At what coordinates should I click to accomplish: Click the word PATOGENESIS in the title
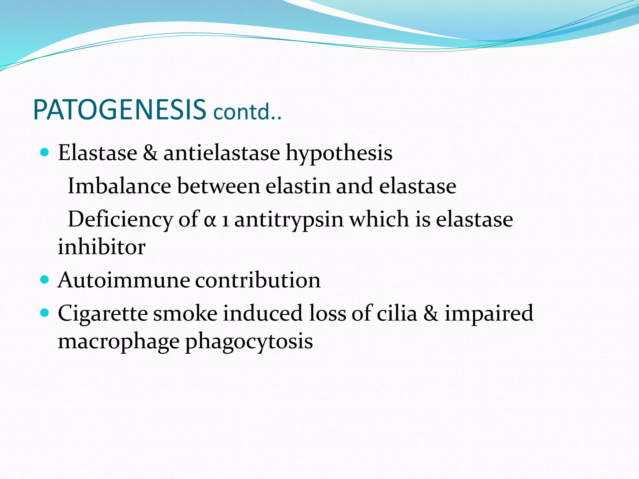click(120, 110)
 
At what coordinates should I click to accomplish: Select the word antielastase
click(222, 153)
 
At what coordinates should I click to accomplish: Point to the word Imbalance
click(119, 186)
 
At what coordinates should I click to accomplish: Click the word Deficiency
click(120, 220)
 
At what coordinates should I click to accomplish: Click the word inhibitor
click(102, 247)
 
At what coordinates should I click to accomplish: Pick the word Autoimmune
click(124, 280)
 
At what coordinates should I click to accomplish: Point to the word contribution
click(258, 280)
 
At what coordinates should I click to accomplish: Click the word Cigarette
click(103, 313)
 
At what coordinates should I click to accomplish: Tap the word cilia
click(397, 313)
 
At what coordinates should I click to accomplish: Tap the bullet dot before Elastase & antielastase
click(45, 152)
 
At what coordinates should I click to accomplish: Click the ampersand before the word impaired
click(431, 313)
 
